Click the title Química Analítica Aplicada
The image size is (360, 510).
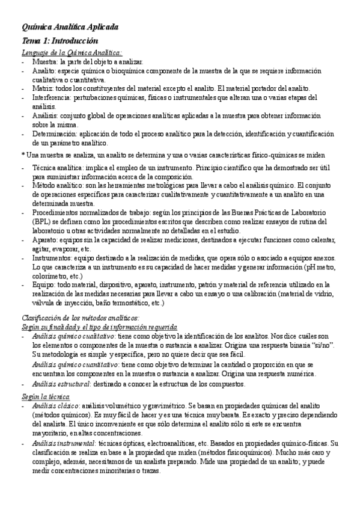click(70, 28)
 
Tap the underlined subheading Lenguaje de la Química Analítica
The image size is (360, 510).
click(72, 53)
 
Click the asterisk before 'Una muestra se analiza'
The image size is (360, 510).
click(22, 155)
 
